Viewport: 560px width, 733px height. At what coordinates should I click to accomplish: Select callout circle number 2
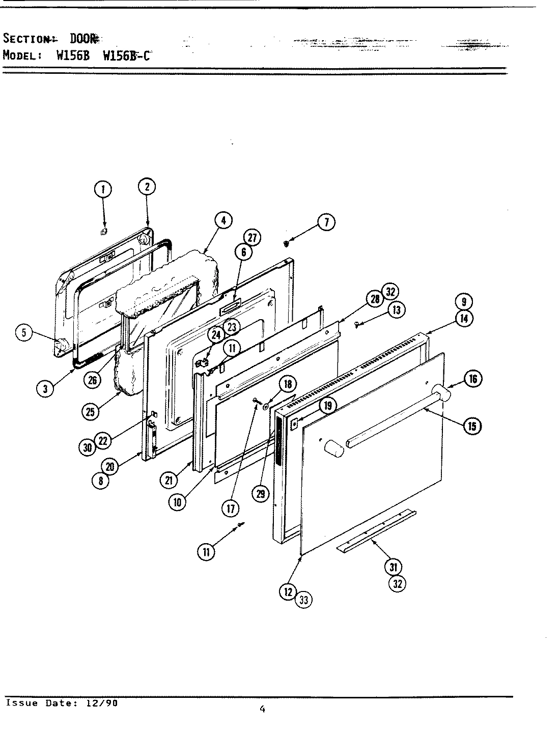click(147, 187)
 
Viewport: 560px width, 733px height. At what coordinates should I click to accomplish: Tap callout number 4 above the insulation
click(222, 220)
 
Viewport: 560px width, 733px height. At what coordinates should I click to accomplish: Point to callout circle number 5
click(24, 333)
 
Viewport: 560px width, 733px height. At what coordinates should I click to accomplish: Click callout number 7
click(326, 222)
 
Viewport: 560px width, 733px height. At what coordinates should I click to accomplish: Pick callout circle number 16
click(473, 378)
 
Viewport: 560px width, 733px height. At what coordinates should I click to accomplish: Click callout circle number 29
click(261, 493)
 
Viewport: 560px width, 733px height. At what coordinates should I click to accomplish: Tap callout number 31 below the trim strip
click(393, 567)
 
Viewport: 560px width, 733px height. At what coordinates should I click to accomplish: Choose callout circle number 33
click(304, 600)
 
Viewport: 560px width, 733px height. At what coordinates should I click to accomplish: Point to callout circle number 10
click(177, 502)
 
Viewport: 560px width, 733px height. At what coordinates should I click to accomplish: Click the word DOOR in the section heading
click(83, 39)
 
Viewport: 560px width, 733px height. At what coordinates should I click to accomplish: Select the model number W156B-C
click(127, 55)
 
